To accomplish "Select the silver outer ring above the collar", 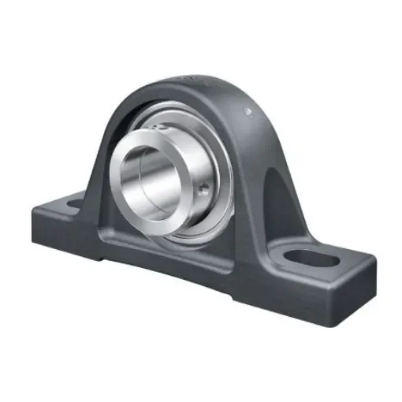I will (x=185, y=118).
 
